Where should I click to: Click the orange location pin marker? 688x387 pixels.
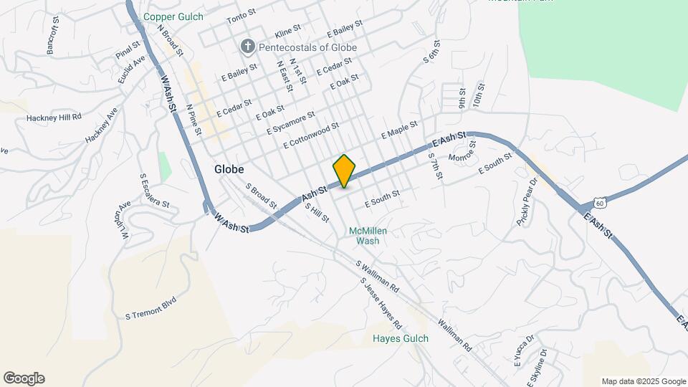coord(345,171)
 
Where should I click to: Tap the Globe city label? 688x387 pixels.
coord(229,170)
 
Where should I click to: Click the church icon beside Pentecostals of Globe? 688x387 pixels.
coord(248,47)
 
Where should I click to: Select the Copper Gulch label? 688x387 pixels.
coord(173,16)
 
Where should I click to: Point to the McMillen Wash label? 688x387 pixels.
coord(363,236)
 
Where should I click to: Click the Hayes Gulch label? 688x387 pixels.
coord(401,339)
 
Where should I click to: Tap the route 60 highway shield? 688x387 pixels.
coord(600,204)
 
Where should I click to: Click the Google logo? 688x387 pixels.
coord(24,378)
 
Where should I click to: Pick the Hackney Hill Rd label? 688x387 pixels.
coord(54,117)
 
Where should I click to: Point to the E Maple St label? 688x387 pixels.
coord(399,130)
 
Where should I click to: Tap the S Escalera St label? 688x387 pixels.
coord(154,190)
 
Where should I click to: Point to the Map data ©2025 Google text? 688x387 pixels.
coord(643,381)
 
